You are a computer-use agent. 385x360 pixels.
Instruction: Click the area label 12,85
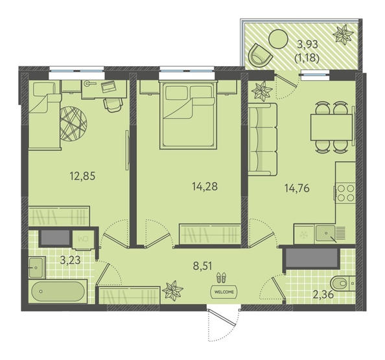point(82,176)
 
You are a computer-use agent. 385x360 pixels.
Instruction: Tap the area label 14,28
point(205,186)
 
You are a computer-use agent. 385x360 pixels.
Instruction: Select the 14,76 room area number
point(297,188)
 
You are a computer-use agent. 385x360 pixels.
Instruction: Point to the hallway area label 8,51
point(202,265)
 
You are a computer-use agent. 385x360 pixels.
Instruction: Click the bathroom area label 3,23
point(70,260)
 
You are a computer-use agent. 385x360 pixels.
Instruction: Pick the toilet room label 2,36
point(323,294)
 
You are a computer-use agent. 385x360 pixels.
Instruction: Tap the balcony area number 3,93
point(307,45)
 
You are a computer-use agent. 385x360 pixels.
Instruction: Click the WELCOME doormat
point(224,292)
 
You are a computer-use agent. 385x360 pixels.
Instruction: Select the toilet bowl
point(342,284)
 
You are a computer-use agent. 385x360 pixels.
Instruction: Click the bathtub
point(58,291)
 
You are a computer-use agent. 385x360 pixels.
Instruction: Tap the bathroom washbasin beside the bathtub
point(37,267)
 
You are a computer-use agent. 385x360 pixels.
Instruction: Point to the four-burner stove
point(345,193)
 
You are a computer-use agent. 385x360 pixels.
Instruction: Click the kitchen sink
point(326,233)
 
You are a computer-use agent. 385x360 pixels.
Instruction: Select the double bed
point(188,115)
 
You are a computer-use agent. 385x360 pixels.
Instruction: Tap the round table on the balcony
point(279,39)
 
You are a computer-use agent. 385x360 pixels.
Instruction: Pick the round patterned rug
point(73,124)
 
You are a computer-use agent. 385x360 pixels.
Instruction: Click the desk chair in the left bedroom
point(113,105)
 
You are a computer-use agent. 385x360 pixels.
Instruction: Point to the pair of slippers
point(222,278)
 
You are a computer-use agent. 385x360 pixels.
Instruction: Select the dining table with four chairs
point(332,128)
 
